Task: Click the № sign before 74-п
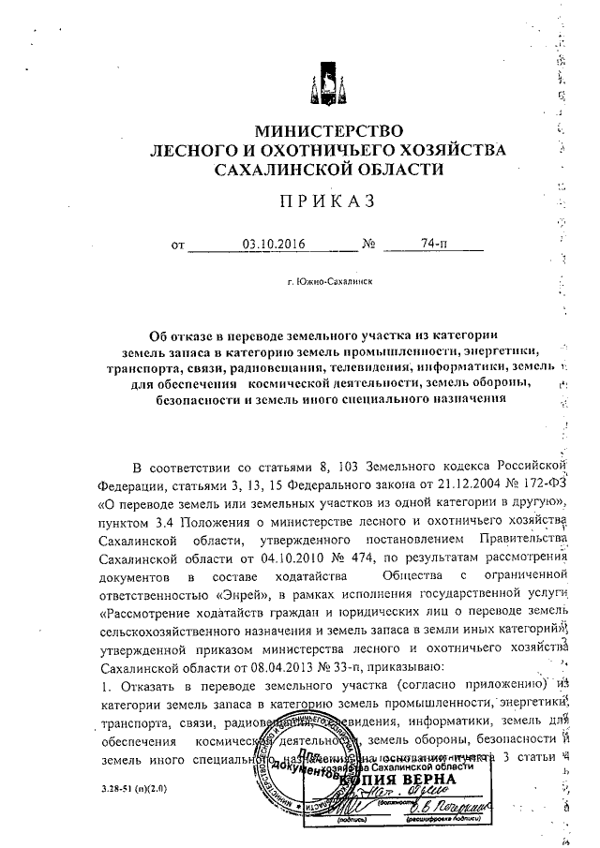(x=368, y=246)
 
